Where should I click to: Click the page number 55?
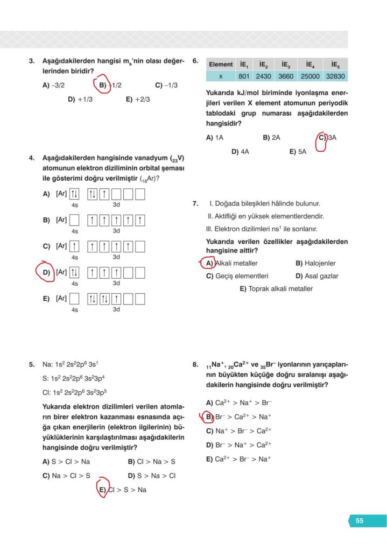pos(360,520)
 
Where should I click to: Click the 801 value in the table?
pos(244,76)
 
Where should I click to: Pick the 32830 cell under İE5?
pos(335,76)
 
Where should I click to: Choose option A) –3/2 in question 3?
pos(53,85)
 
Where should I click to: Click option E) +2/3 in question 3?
pos(138,99)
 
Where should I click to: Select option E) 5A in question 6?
pos(298,152)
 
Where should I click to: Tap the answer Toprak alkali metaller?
pos(276,289)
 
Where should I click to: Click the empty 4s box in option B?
pos(75,220)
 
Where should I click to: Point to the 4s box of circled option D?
pos(75,272)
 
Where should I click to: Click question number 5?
pos(32,364)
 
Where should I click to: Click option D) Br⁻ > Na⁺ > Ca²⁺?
pos(238,445)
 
